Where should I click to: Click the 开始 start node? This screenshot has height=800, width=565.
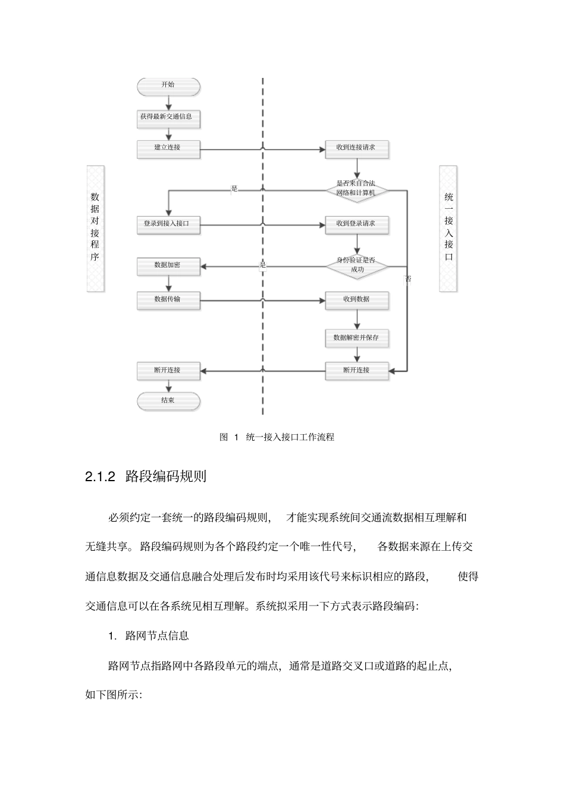(168, 86)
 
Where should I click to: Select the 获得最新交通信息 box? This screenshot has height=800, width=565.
(168, 117)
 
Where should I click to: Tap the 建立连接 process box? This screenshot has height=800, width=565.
(168, 148)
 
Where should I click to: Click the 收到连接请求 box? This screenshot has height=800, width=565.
(356, 148)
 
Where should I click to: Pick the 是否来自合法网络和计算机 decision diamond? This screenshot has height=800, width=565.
(356, 189)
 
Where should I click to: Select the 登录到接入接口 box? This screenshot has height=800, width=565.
(168, 224)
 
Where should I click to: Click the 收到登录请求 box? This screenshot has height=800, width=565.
(356, 224)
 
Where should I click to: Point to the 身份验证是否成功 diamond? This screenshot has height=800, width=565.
(356, 265)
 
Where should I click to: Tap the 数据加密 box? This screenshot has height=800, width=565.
(168, 266)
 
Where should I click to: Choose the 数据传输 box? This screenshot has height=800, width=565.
(168, 300)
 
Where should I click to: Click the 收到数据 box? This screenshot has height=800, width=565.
(356, 300)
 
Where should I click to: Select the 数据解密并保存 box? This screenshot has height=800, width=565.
(356, 338)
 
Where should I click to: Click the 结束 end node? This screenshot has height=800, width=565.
(168, 401)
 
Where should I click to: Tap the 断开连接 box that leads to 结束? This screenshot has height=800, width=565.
(168, 371)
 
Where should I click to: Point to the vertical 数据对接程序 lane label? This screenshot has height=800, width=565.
(95, 228)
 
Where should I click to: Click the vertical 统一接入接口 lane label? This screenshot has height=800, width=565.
(448, 228)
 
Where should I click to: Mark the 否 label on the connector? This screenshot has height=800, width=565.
(408, 279)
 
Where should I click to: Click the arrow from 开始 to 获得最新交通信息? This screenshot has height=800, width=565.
(168, 102)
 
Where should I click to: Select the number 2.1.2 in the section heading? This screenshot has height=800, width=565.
(100, 477)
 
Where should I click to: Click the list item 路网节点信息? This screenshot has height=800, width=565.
(157, 636)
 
